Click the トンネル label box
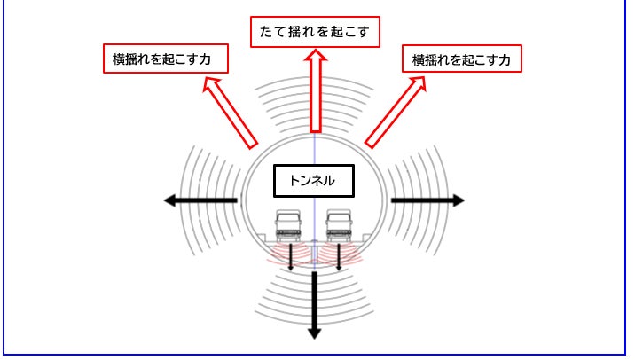pyautogui.click(x=315, y=180)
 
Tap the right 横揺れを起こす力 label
pyautogui.click(x=461, y=59)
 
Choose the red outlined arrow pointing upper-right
pyautogui.click(x=395, y=112)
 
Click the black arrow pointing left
pyautogui.click(x=200, y=201)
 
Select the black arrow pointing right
pyautogui.click(x=427, y=201)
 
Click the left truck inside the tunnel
pyautogui.click(x=289, y=225)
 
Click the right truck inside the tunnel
pyautogui.click(x=340, y=225)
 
